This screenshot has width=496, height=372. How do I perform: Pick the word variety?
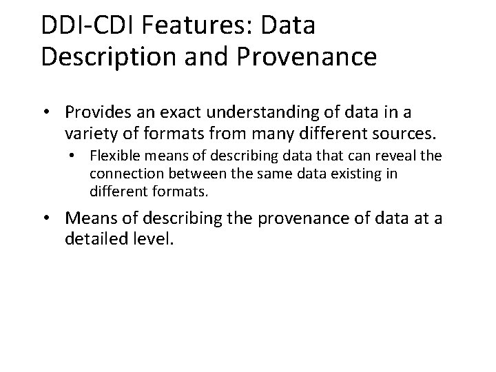[89, 132]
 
